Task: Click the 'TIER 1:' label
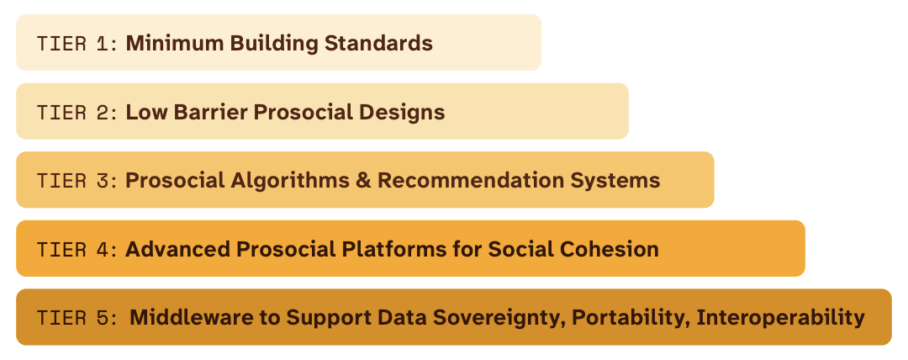click(78, 43)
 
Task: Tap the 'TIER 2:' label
click(78, 112)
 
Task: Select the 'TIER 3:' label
click(78, 180)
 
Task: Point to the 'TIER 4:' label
click(78, 249)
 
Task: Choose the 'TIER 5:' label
click(78, 317)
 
